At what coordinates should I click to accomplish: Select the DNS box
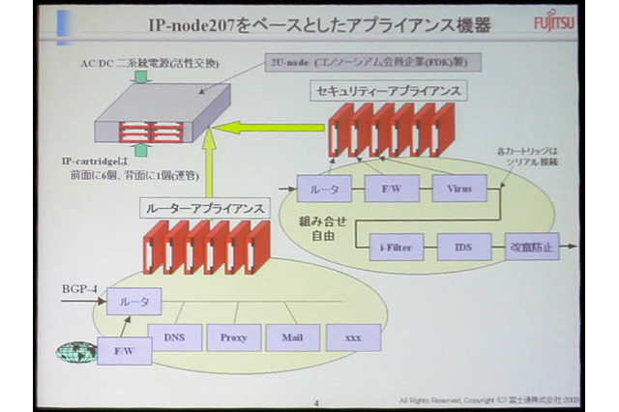(174, 337)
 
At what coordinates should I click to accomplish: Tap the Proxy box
(233, 337)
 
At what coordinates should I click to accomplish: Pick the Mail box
(293, 337)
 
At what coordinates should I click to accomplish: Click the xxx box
(353, 337)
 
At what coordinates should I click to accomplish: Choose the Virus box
(459, 188)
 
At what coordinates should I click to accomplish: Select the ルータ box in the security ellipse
(324, 188)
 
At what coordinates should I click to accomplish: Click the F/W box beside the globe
(124, 350)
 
